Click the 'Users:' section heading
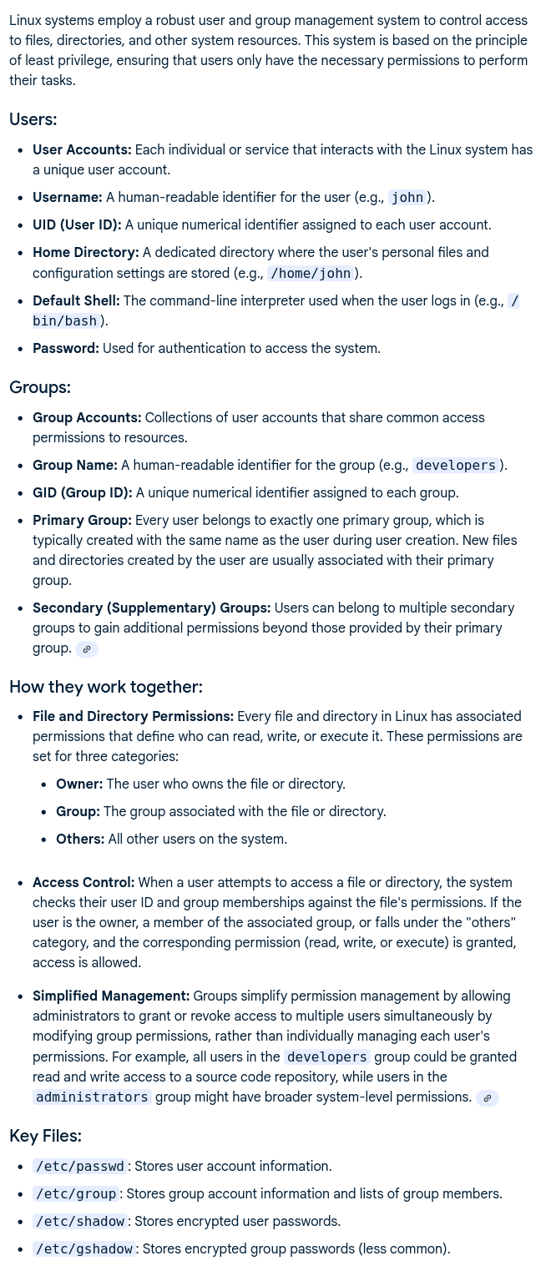tap(33, 119)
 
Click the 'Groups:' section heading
tap(40, 387)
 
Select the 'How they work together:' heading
tap(106, 687)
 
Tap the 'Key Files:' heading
tap(45, 1136)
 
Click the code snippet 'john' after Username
tap(407, 198)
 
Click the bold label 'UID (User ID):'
tap(77, 224)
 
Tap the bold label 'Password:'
tap(66, 348)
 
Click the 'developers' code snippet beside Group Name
tap(456, 466)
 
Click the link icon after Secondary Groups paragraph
tap(87, 648)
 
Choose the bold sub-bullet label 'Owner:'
tap(79, 784)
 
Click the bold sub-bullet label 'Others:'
tap(80, 839)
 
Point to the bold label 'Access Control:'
tap(83, 882)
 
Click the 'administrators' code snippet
tap(92, 1097)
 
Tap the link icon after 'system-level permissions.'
tap(488, 1097)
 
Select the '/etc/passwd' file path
tap(80, 1166)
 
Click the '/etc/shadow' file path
tap(80, 1221)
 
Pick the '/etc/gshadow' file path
tap(83, 1248)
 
